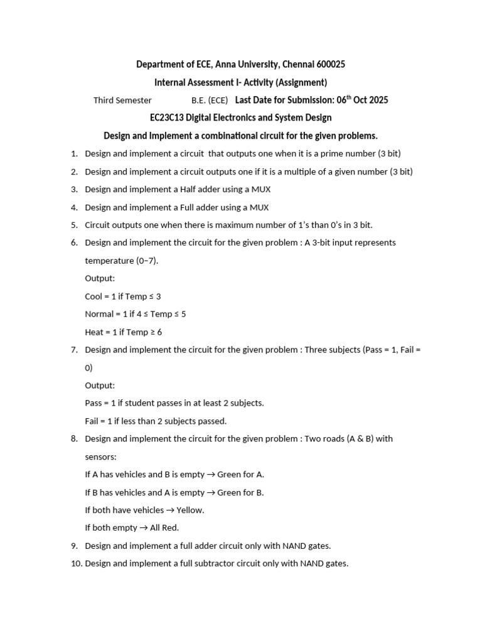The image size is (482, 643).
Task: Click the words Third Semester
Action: coord(122,100)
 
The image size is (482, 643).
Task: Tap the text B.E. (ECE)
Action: coord(210,100)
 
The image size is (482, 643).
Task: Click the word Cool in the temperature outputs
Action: coord(94,296)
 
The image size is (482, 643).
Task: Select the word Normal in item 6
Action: coord(99,314)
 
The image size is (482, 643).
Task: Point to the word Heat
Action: coord(94,332)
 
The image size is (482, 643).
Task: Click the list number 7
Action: coord(74,350)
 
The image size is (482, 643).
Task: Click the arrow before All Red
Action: coord(143,528)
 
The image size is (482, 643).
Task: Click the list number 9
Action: coord(74,546)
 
